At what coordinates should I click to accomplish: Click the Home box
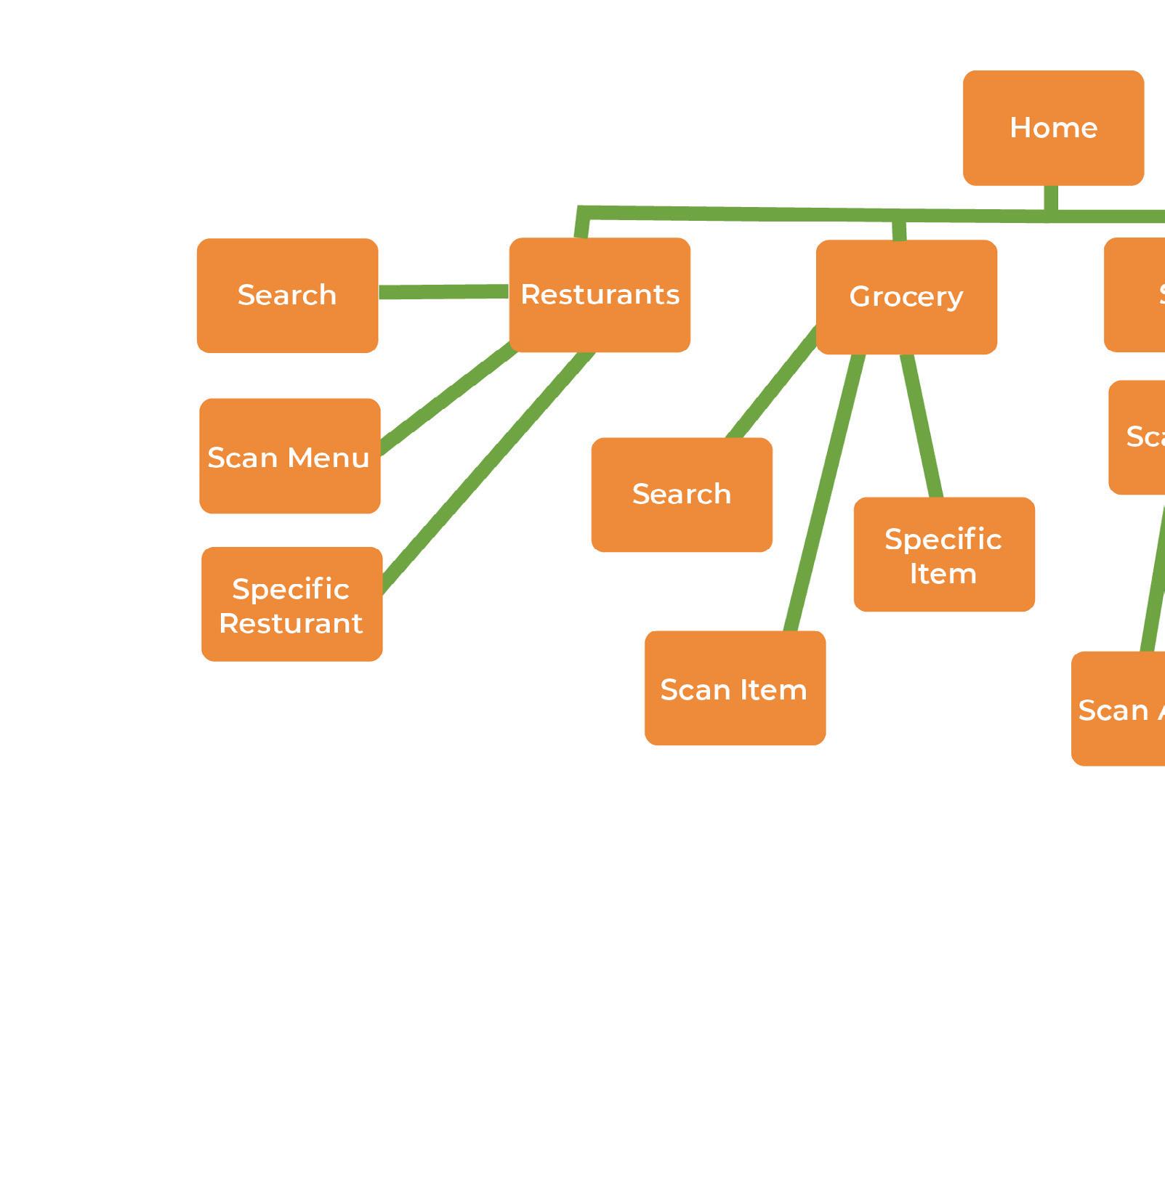click(1053, 128)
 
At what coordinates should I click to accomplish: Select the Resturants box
click(600, 295)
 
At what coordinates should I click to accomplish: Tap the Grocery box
click(906, 297)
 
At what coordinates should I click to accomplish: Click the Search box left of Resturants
click(287, 296)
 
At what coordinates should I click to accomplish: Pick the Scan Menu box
click(289, 456)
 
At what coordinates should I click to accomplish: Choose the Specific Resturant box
click(291, 604)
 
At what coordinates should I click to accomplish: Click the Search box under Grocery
click(682, 495)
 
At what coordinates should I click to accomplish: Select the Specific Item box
click(944, 555)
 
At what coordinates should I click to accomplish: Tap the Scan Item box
click(735, 689)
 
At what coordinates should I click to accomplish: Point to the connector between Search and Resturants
click(443, 292)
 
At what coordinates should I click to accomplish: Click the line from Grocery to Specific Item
click(922, 426)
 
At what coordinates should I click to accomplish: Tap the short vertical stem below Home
click(1050, 198)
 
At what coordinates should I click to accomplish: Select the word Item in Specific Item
click(943, 575)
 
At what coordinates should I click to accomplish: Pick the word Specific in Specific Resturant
click(291, 589)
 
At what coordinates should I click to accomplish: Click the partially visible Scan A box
click(1119, 709)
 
